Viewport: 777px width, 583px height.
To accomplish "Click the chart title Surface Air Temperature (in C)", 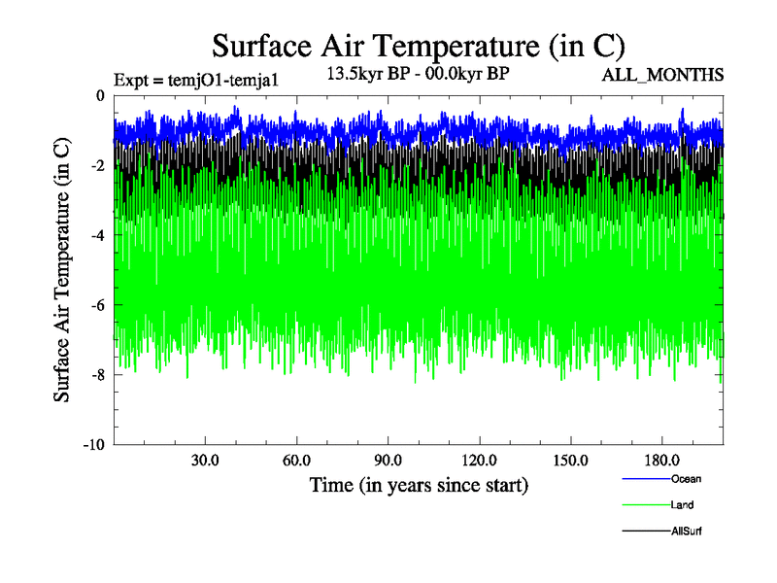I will [x=418, y=46].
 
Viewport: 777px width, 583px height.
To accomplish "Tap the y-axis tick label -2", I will [x=97, y=166].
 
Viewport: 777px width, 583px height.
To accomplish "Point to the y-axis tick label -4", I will [x=97, y=236].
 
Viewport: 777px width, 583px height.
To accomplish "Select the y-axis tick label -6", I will [x=97, y=306].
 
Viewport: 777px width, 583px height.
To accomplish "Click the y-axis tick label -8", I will [x=97, y=375].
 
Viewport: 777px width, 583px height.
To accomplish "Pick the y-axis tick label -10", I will [x=93, y=445].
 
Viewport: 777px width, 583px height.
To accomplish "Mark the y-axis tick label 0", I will [x=101, y=96].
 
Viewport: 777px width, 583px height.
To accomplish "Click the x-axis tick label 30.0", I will [x=205, y=460].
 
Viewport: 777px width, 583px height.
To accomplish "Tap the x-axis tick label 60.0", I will [x=296, y=460].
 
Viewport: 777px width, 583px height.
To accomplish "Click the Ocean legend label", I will [x=686, y=479].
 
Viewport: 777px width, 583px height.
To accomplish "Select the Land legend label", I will [x=682, y=505].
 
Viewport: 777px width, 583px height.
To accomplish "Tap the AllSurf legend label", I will [x=687, y=532].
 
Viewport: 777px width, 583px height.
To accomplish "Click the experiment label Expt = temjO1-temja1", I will [x=196, y=81].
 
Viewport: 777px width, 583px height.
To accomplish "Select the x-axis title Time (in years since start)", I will [x=419, y=485].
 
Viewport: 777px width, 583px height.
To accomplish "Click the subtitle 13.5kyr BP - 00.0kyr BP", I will [x=420, y=73].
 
